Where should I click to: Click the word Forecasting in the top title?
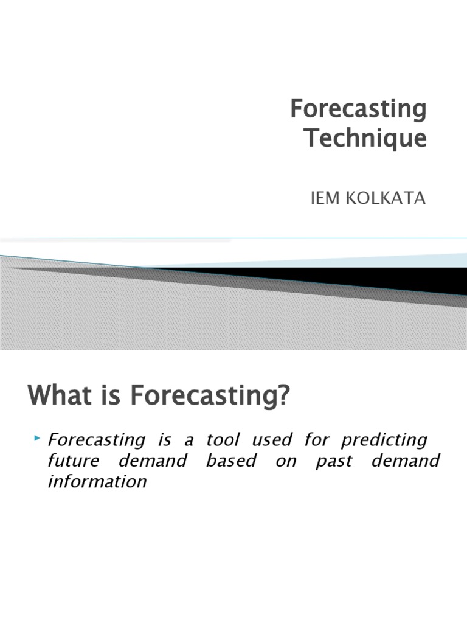358,110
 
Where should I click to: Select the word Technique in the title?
365,139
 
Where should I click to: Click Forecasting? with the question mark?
210,398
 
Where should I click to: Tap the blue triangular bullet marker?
38,438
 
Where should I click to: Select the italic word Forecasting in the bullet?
96,440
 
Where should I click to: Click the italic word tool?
223,440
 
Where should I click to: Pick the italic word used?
271,440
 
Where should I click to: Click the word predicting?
384,440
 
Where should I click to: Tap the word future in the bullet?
72,461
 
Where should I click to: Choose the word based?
231,461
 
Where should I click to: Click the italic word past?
334,461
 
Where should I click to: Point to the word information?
97,482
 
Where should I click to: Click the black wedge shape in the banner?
365,277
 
